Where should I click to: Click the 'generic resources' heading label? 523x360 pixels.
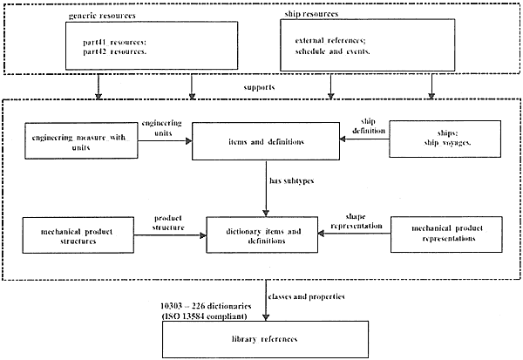[x=102, y=16]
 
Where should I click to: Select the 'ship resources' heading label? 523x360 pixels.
[x=311, y=14]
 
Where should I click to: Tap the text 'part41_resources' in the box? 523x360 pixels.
[x=114, y=43]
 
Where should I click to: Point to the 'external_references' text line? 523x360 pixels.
[x=330, y=41]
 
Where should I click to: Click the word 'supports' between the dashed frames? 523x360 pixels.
[x=259, y=87]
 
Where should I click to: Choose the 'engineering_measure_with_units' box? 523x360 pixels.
[x=81, y=140]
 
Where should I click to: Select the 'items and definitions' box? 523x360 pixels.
[x=266, y=141]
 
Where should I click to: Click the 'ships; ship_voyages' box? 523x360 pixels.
[x=445, y=139]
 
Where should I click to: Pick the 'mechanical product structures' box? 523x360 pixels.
[x=78, y=235]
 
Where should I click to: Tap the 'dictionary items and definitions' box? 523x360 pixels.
[x=262, y=234]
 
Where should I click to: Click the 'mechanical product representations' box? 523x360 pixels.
[x=446, y=234]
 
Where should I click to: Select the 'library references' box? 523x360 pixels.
[x=266, y=339]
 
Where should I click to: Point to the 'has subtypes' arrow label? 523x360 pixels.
[x=291, y=180]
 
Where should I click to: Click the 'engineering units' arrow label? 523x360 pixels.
[x=162, y=128]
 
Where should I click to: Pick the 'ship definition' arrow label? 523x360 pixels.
[x=369, y=126]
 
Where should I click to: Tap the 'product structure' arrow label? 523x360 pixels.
[x=168, y=223]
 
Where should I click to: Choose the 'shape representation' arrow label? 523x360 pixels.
[x=357, y=221]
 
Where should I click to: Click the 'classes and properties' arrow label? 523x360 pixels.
[x=306, y=296]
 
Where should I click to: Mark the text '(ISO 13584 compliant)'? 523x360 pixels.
[x=204, y=316]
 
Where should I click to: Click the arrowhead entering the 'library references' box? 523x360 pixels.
[x=266, y=317]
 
